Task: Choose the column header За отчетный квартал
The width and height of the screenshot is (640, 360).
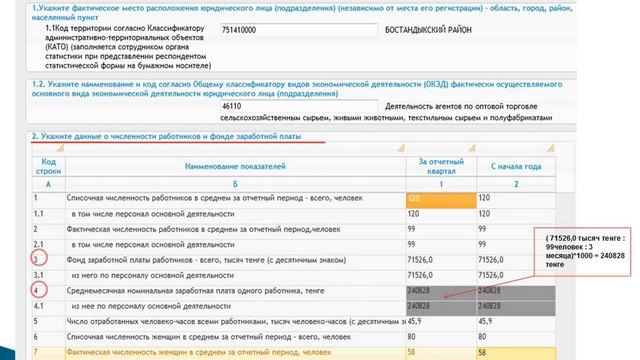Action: point(439,166)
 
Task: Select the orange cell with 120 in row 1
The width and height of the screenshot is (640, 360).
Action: point(439,199)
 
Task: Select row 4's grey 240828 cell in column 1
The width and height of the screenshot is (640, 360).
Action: point(439,291)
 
